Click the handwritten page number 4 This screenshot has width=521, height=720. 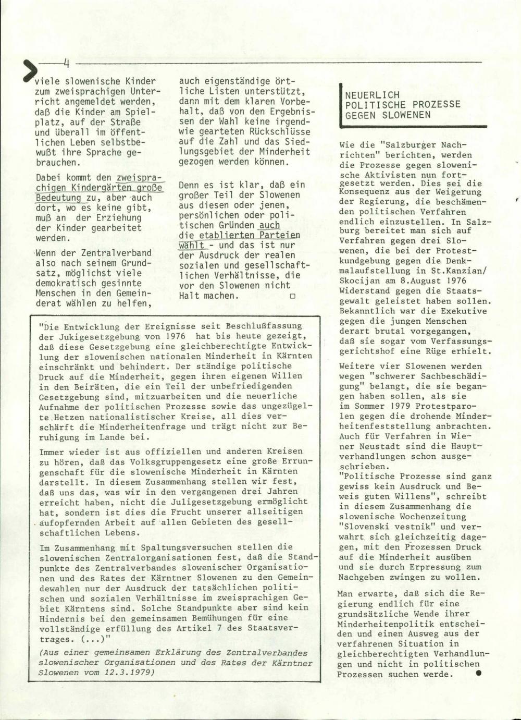click(x=66, y=64)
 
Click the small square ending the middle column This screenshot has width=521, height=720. click(x=292, y=296)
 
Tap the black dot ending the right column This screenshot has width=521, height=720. click(x=478, y=673)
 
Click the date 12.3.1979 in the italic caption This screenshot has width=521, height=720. click(x=132, y=673)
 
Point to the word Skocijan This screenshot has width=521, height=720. click(x=363, y=281)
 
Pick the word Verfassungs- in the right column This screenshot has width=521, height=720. click(x=465, y=341)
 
